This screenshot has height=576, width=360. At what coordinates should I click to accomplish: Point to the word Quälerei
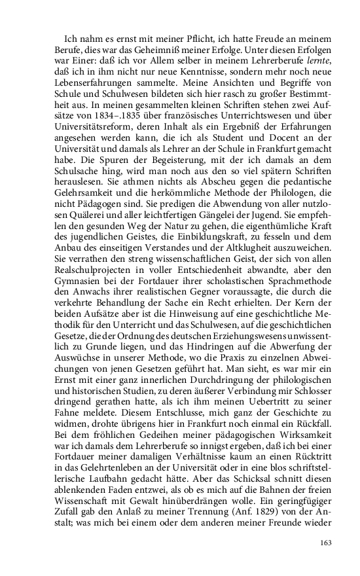[x=83, y=227]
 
